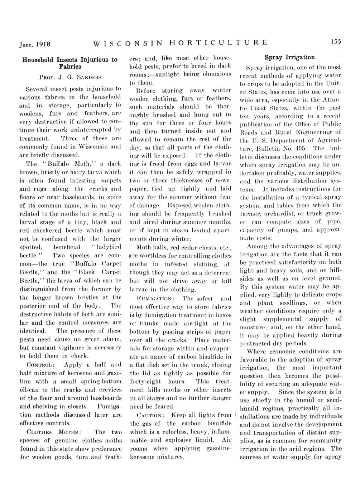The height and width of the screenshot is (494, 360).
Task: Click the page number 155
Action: pyautogui.click(x=335, y=42)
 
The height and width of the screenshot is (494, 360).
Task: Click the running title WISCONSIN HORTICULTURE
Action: pyautogui.click(x=180, y=43)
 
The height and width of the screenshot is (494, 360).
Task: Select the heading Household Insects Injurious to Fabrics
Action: pyautogui.click(x=70, y=63)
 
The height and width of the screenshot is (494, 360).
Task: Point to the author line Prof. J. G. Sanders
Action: pyautogui.click(x=70, y=76)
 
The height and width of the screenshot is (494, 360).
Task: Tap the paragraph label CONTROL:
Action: pyautogui.click(x=41, y=364)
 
